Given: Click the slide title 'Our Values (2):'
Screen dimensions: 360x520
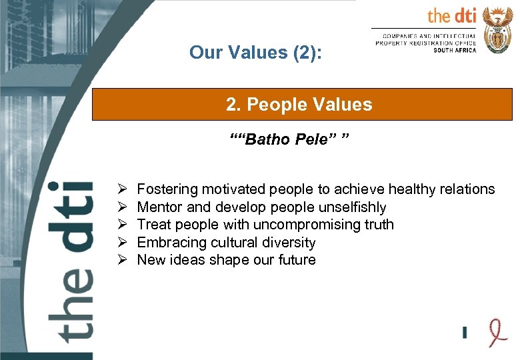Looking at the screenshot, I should coord(255,52).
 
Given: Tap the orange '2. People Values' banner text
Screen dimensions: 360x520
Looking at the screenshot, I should coord(299,105).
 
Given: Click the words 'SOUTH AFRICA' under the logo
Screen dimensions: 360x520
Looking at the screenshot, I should coord(455,50).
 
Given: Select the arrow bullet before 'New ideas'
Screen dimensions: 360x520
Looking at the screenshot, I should coord(122,260).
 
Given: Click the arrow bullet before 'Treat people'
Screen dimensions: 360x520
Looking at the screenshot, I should coord(122,225).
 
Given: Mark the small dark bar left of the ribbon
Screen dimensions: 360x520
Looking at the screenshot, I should coord(465,331).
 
